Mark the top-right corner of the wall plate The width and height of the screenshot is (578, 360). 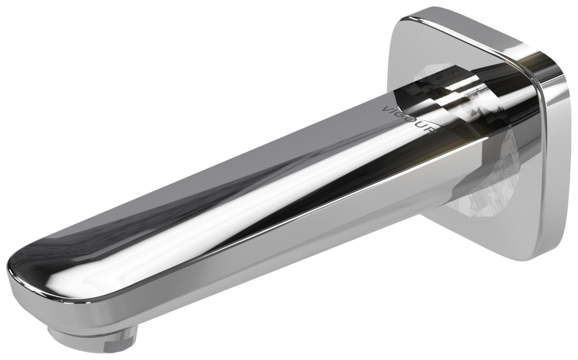559,71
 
